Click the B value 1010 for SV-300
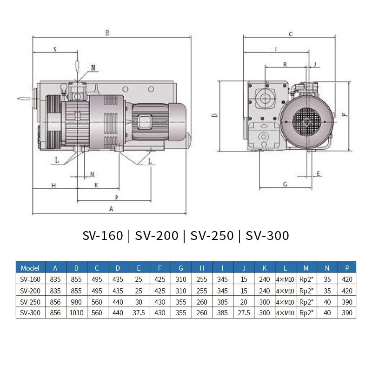[76, 313]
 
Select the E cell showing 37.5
[139, 313]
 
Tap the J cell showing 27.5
[244, 313]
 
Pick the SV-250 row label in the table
[30, 302]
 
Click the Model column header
[30, 268]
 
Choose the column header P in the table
[347, 268]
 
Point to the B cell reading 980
[76, 302]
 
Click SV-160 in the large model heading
[103, 236]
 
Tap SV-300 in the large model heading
[267, 236]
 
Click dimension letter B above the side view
[107, 33]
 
